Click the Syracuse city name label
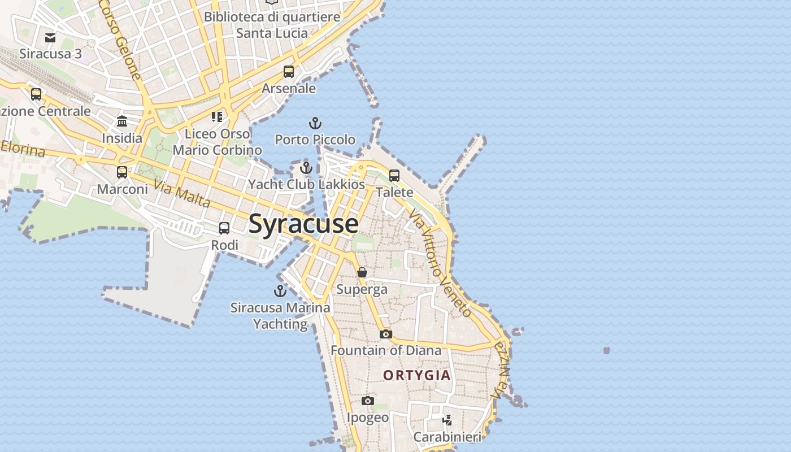pos(303,224)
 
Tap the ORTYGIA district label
pos(417,375)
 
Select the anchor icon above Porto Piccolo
pos(315,123)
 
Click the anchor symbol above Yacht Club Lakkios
pos(306,168)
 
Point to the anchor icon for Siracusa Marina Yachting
pos(280,291)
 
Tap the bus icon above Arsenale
pos(289,72)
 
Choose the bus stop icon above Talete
pos(394,175)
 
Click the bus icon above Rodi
pos(224,228)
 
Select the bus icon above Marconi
pos(122,172)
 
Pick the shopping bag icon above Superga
pos(362,272)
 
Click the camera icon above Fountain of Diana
pos(385,334)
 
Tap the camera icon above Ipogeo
pos(368,401)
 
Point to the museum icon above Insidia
pos(122,121)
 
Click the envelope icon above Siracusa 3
pos(50,37)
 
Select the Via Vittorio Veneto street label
pos(440,263)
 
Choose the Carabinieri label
pos(447,437)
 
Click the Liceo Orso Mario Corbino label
pos(218,142)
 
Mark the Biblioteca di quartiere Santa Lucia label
pos(272,25)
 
